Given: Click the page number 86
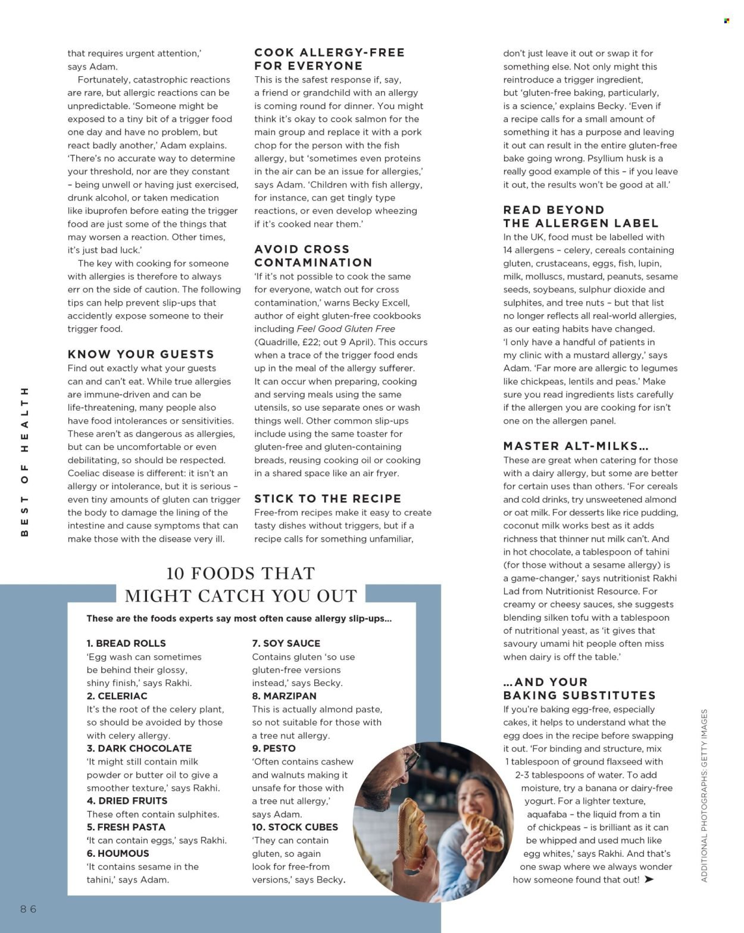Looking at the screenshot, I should click(x=29, y=909).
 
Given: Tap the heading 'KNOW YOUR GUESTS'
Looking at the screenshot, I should click(x=141, y=354).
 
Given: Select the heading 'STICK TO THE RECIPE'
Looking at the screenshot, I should click(x=327, y=499).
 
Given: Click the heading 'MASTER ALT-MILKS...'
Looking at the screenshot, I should click(x=576, y=446).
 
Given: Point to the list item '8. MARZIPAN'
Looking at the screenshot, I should click(x=284, y=696).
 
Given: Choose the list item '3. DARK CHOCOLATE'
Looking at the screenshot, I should click(x=139, y=748).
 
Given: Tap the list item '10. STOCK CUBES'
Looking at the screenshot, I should click(x=295, y=827).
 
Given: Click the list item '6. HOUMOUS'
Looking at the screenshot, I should click(x=118, y=853).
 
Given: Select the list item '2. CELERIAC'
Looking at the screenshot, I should click(x=117, y=696).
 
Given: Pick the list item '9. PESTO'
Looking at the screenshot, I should click(x=274, y=748).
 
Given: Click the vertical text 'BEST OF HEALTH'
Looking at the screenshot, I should click(x=24, y=462).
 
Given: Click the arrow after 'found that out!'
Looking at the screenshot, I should click(x=649, y=879).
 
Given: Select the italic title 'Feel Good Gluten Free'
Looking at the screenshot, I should click(x=345, y=328).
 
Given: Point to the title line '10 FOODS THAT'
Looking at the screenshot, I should click(x=240, y=573).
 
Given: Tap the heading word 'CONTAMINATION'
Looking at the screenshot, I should click(x=313, y=262).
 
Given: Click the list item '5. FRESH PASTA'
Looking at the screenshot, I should click(x=126, y=827).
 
